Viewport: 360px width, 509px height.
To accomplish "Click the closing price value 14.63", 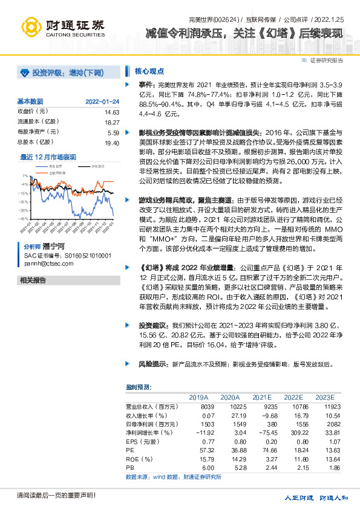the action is (x=112, y=112).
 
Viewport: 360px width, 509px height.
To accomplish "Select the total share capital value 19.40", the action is (x=112, y=142).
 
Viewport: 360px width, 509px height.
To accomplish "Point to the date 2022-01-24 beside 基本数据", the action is (x=102, y=102).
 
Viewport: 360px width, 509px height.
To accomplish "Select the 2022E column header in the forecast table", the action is (x=294, y=397).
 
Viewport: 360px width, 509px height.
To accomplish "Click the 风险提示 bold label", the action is (x=151, y=365).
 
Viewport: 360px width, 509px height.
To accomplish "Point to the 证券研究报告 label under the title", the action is (x=326, y=60).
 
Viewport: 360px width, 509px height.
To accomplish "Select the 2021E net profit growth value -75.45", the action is (x=260, y=433).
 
